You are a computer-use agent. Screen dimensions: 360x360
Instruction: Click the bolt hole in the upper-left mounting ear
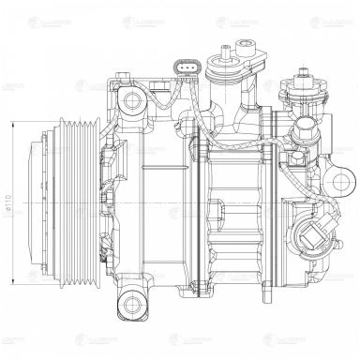point(130,98)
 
